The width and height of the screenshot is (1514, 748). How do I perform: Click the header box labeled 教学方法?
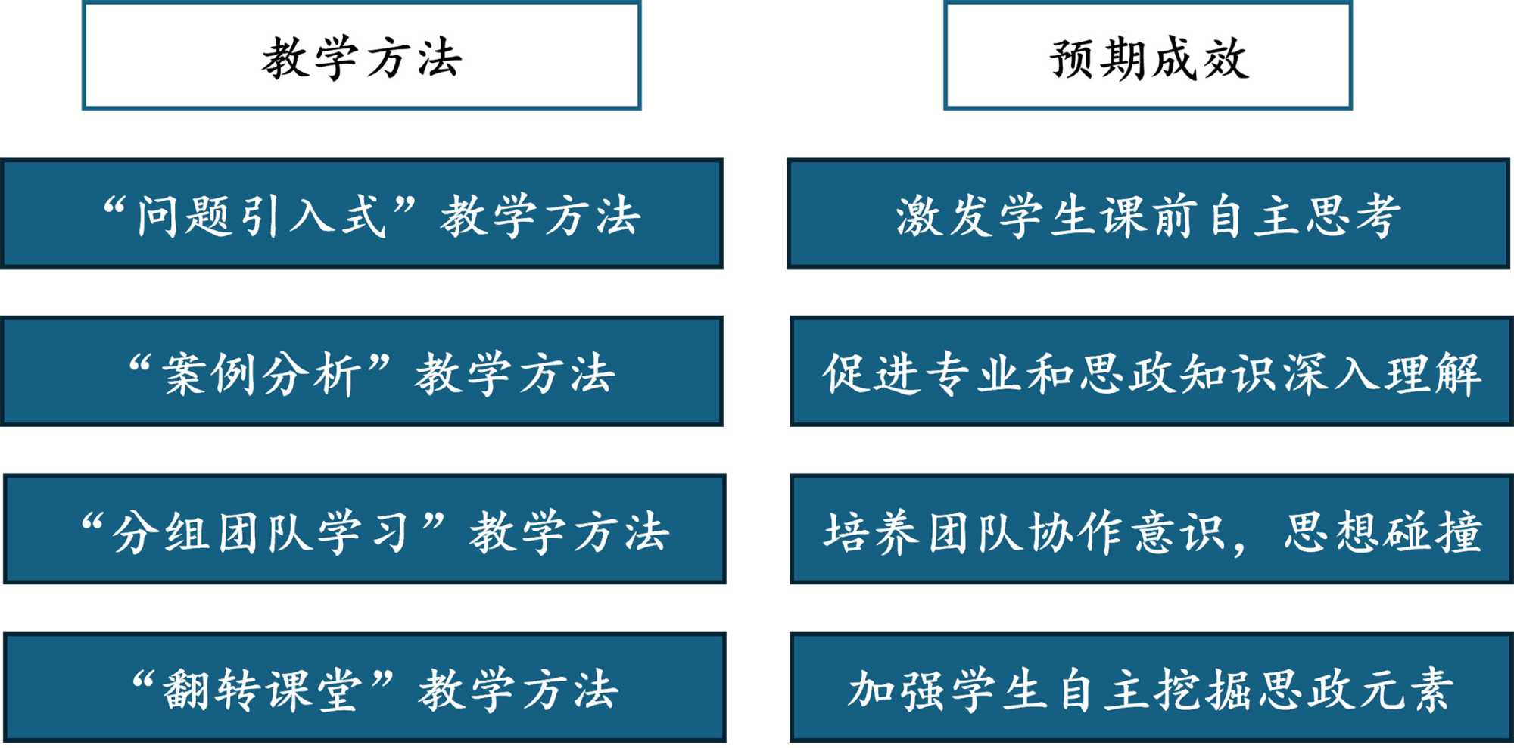361,57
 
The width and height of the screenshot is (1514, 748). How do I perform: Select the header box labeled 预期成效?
1148,57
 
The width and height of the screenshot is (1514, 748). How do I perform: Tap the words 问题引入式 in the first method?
261,216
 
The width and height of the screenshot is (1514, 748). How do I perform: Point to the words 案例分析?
261,373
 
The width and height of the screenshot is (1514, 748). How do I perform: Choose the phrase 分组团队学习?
261,531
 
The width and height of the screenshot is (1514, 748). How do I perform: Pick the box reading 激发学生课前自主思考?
1148,214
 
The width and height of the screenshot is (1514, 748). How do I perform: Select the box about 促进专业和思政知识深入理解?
1151,372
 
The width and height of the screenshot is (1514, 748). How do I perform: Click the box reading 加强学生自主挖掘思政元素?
1151,688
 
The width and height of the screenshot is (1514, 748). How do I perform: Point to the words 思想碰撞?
1382,531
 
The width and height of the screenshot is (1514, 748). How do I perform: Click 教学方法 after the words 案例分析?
515,373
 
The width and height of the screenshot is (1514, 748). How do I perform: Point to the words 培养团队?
924,532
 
